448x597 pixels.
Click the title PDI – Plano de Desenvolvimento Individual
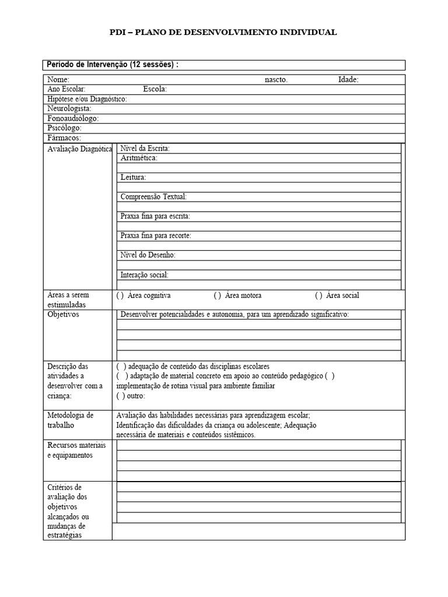[223, 33]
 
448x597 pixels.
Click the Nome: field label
[58, 80]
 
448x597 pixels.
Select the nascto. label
[276, 80]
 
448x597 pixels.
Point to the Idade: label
[348, 80]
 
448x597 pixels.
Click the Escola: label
[155, 89]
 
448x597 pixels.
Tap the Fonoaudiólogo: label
[73, 118]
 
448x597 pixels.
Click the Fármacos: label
[64, 138]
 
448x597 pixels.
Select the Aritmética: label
[139, 158]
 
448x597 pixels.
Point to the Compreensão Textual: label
[153, 197]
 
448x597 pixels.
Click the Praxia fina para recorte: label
[156, 236]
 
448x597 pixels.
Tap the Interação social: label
[144, 275]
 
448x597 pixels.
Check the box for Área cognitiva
[120, 296]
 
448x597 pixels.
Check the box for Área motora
[218, 296]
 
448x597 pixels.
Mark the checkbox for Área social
[319, 296]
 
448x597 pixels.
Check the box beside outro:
[120, 396]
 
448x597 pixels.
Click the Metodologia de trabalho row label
[70, 420]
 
